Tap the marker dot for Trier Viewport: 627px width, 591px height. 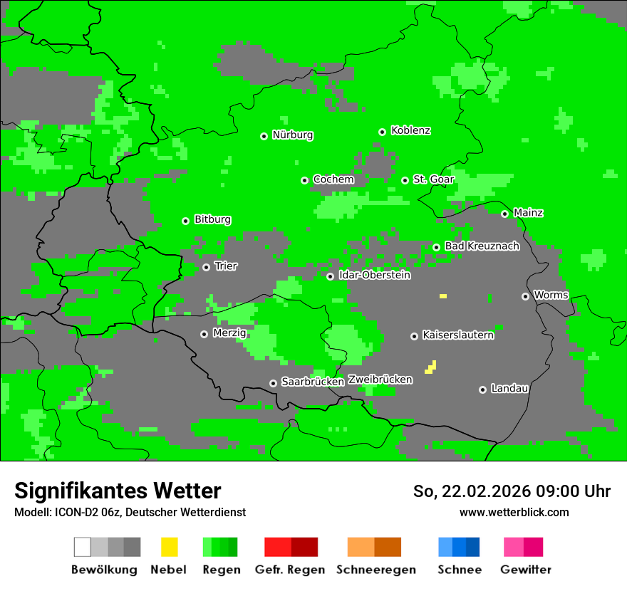point(206,267)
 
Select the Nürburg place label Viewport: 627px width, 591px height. point(292,135)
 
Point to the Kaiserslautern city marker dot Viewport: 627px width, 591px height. point(414,336)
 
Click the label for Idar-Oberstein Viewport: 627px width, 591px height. point(374,275)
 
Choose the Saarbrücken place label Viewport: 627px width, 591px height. point(312,382)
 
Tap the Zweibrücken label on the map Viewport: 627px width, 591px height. point(380,380)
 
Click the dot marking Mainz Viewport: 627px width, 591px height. point(504,214)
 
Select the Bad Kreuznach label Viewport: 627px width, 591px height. point(482,246)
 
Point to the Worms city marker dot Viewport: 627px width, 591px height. point(525,296)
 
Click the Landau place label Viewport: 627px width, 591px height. point(509,388)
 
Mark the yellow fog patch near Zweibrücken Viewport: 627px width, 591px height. point(431,367)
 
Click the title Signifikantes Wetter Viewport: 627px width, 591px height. point(118,491)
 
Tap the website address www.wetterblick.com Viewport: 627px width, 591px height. point(514,512)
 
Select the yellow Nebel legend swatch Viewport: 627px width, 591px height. point(169,547)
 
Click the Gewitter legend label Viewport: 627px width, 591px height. point(526,570)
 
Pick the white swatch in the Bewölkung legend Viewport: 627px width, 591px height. point(83,547)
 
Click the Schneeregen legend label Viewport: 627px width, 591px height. point(375,570)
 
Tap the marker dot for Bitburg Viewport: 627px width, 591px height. point(185,221)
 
